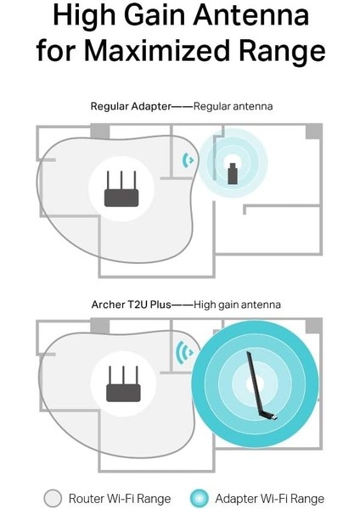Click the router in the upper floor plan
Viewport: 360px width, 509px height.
tap(121, 192)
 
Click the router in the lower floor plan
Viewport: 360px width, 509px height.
tap(121, 388)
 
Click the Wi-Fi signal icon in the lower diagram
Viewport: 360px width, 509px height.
tap(183, 351)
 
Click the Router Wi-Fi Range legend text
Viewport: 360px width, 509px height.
tap(120, 498)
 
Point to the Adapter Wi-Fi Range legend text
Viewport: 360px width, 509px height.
tap(270, 498)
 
